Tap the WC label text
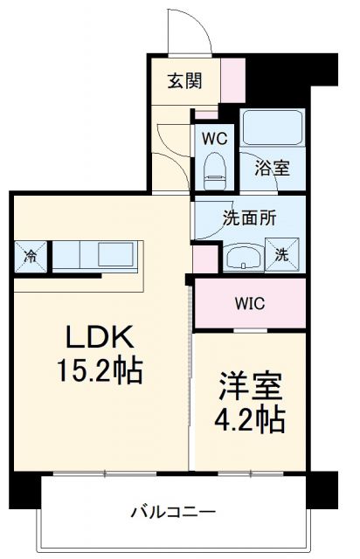coord(214,137)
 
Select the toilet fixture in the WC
coord(214,166)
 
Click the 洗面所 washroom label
coord(250,218)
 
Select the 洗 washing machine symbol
coord(284,255)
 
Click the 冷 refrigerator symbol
coord(31,256)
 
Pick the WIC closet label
coord(249,303)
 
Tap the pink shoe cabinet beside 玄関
coord(233,81)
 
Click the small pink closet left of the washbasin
coord(204,259)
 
